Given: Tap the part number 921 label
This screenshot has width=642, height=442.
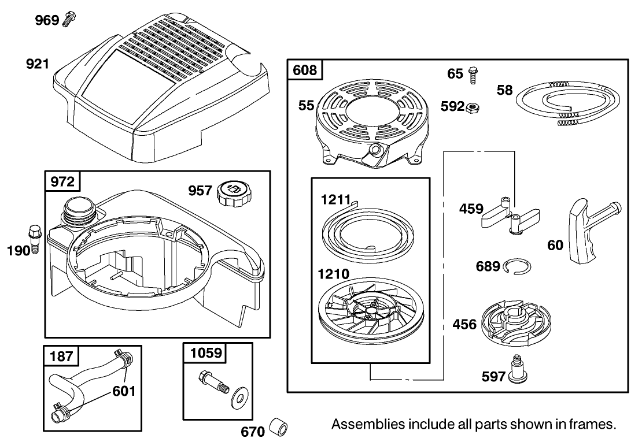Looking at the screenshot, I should pos(38,64).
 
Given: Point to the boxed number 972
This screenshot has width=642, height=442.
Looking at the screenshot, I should pos(62,183).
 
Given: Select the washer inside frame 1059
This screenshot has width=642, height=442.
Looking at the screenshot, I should pos(238,398).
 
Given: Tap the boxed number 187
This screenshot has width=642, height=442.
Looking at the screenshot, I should pos(62,355).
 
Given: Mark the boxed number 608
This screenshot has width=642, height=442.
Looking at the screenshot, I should pos(305,70).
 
